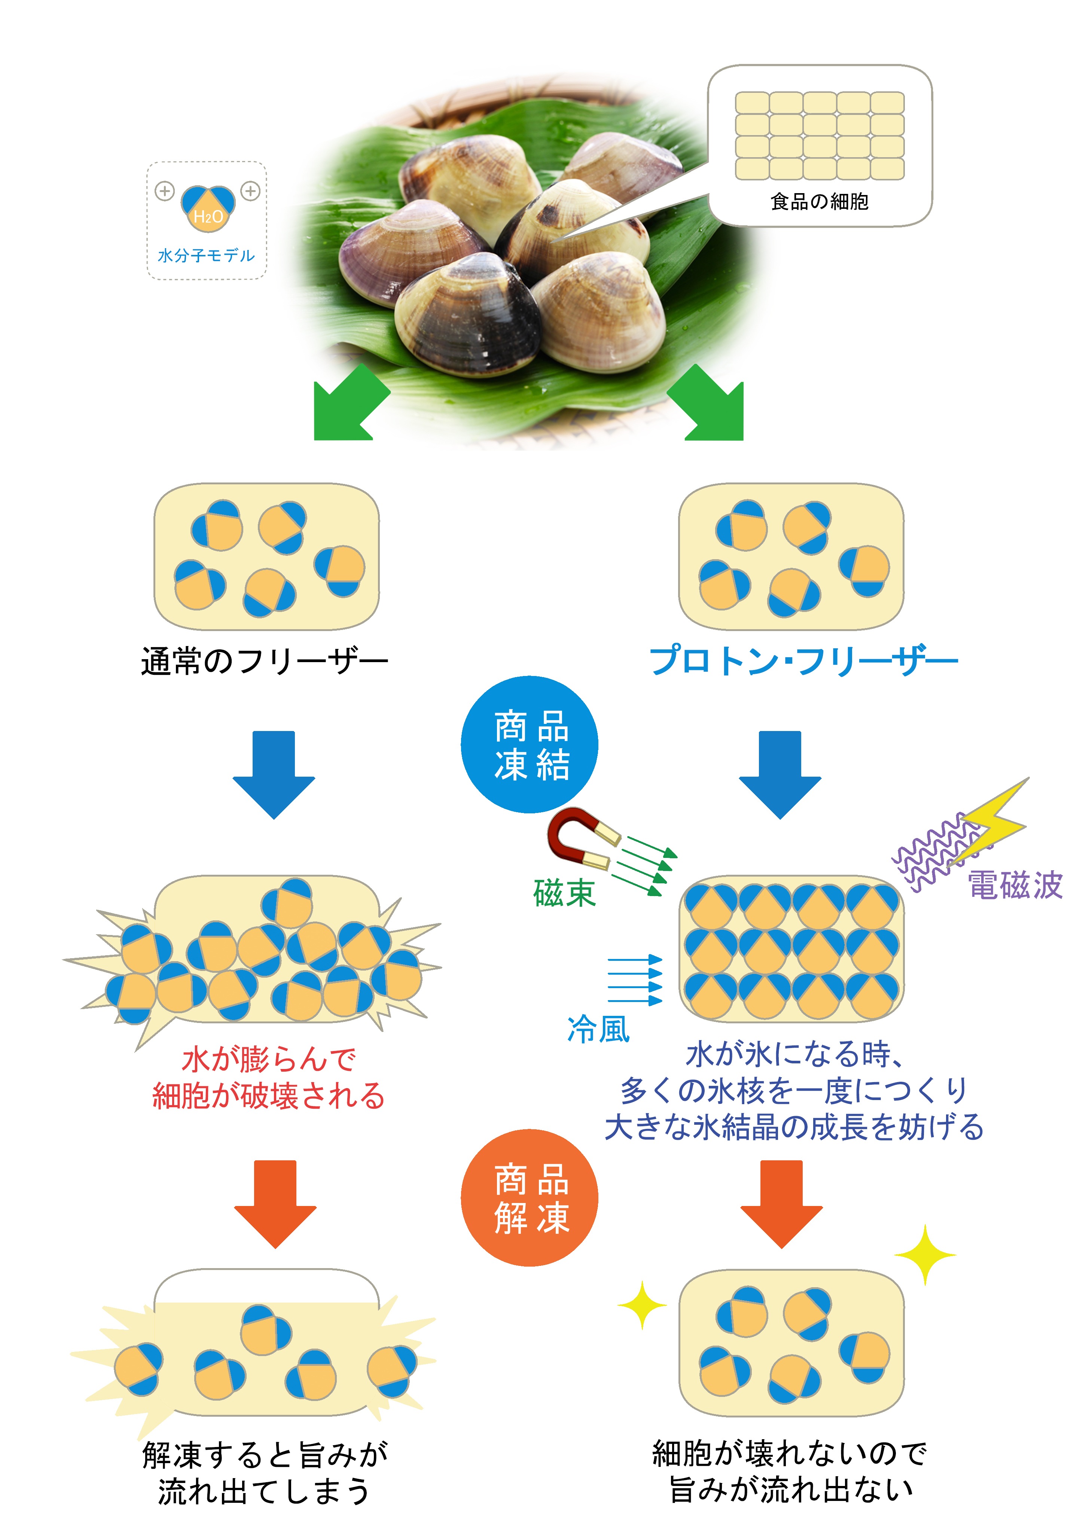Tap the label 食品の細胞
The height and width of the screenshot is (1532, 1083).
coord(820,201)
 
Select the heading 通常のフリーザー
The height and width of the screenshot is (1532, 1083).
coord(264,661)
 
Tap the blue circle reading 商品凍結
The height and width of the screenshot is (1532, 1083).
coord(530,744)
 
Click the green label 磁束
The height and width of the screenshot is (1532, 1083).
coord(564,893)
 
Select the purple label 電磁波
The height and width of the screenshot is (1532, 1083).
coord(1014,886)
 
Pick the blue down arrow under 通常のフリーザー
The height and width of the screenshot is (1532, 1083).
coord(274,774)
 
